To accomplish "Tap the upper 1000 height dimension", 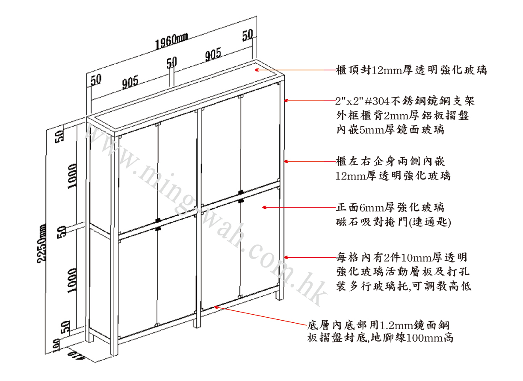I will [x=73, y=176].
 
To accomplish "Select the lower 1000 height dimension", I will [x=73, y=280].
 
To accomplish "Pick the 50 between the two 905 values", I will [x=171, y=63].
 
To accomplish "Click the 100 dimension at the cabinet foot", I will [x=56, y=345].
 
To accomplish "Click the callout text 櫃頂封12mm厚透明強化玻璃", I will [x=411, y=70].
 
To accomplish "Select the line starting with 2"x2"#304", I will [x=405, y=101].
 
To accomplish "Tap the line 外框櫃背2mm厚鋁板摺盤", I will [x=402, y=115].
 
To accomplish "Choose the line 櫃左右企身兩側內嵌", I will [x=390, y=161].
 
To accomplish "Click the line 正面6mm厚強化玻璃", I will [x=390, y=208].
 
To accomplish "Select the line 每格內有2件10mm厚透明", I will [x=402, y=258].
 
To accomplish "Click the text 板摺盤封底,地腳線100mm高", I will [x=380, y=338].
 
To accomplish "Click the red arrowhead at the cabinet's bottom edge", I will [x=216, y=307].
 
